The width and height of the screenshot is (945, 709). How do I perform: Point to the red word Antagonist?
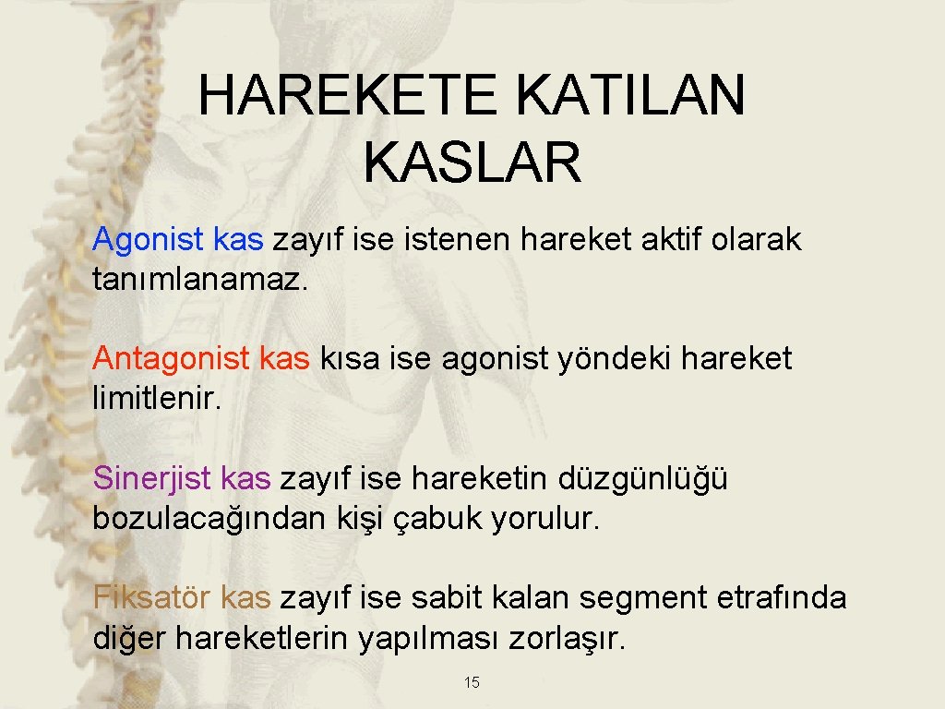point(172,359)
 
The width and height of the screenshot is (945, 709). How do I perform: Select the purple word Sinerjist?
point(153,478)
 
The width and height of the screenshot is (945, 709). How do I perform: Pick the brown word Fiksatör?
point(153,597)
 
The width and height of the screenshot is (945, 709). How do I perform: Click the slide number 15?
point(472,683)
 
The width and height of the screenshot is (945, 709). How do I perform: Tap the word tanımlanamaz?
point(197,280)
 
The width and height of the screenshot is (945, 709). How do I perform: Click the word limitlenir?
point(158,398)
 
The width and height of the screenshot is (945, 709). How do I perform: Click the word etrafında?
point(781,598)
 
